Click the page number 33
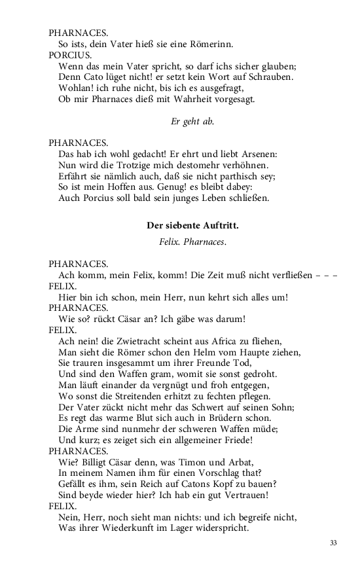[x=333, y=543]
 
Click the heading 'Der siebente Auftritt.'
[x=192, y=226]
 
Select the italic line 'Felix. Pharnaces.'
[x=192, y=242]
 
